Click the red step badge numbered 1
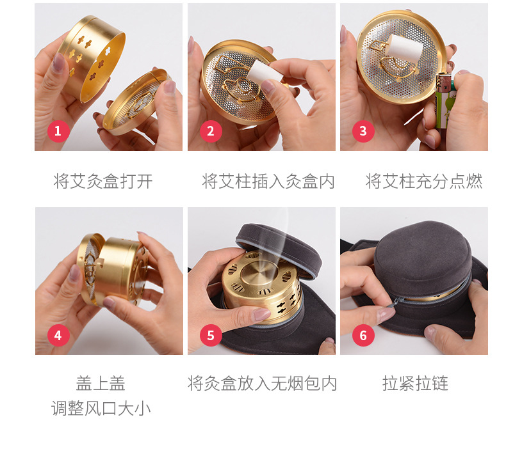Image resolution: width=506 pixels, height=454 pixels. [58, 132]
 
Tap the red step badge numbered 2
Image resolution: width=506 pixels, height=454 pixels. [210, 132]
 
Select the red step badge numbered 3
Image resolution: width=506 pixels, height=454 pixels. [363, 132]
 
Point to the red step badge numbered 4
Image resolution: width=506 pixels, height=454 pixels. [58, 335]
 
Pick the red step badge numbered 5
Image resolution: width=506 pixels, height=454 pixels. [210, 335]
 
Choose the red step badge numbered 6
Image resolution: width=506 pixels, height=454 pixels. [363, 335]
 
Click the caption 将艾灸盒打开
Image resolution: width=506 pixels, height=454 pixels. [103, 181]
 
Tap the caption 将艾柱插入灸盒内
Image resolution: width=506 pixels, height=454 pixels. [268, 181]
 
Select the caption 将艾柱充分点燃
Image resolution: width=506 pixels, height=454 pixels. [423, 181]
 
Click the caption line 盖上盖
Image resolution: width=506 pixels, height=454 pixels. [101, 384]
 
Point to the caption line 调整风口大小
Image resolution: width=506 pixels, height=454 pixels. [101, 409]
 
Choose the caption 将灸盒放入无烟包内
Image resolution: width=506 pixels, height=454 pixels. [262, 384]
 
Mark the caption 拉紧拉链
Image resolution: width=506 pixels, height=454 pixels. [415, 384]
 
